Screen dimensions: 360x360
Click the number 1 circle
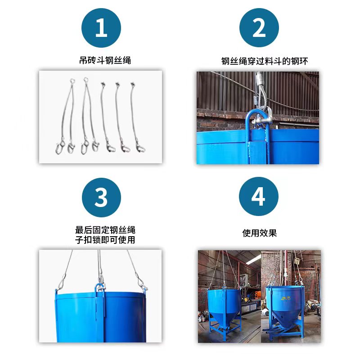101,28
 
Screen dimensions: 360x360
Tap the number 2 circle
259,28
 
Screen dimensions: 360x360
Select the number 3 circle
101,197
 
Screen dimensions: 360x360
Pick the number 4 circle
259,197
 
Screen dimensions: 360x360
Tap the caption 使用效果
259,233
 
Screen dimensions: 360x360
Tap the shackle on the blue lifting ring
263,120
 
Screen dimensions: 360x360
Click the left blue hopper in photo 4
223,306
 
